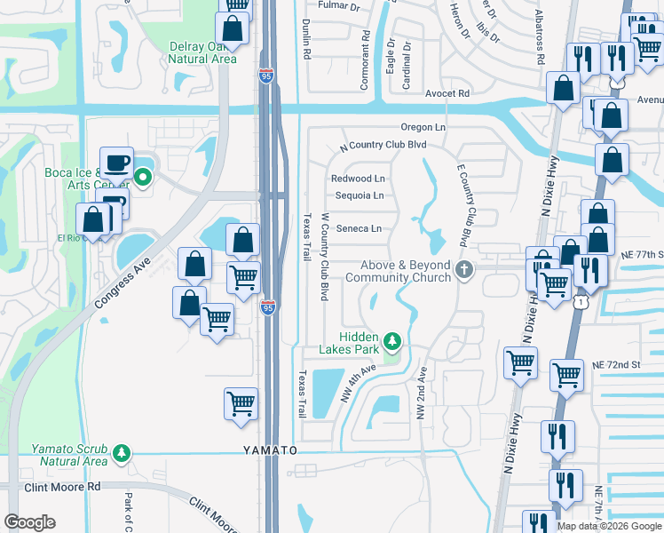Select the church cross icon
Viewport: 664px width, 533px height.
pos(462,271)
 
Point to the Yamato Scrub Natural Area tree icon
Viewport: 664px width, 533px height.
pos(121,455)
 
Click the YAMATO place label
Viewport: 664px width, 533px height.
pos(269,450)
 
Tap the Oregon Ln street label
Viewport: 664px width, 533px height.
pos(423,128)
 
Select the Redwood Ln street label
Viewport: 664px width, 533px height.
pos(358,179)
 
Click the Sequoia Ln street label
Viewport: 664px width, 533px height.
pos(358,195)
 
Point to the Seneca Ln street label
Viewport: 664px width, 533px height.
pos(359,228)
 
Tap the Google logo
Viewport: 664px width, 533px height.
pos(29,522)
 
